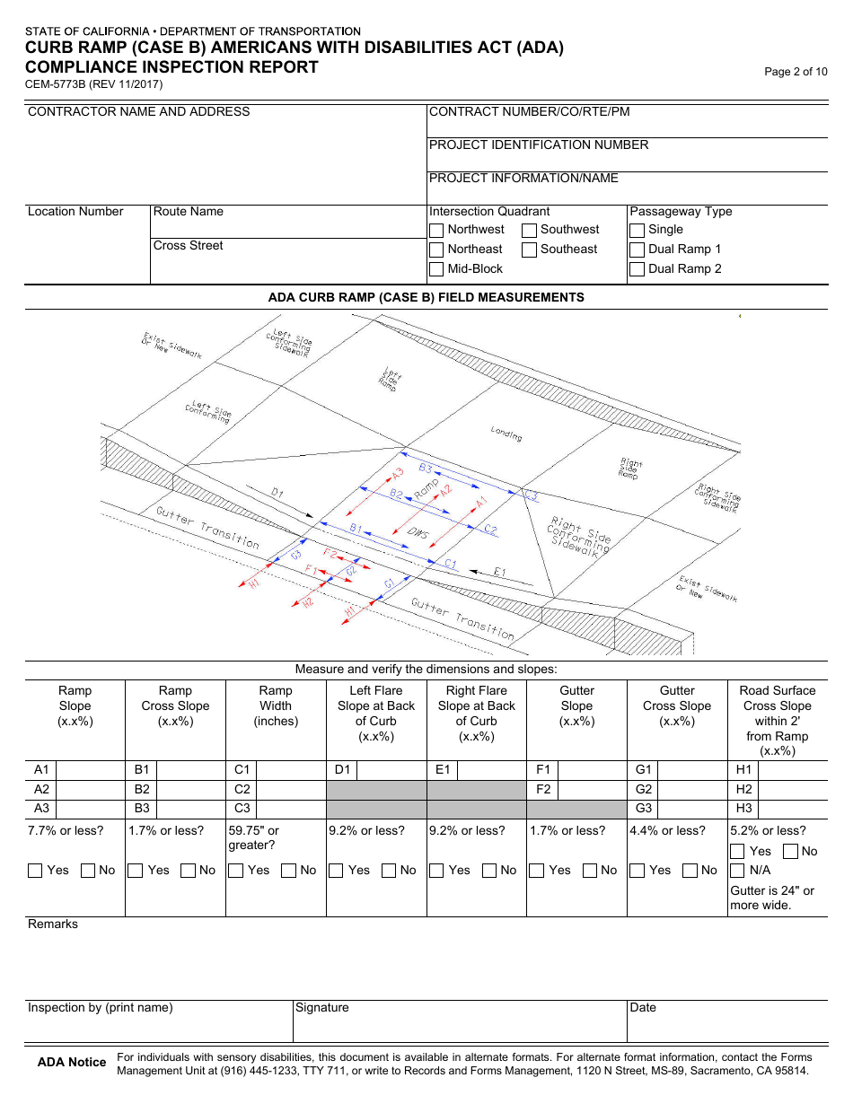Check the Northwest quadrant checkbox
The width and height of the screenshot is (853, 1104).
436,230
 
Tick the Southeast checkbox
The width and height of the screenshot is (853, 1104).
530,250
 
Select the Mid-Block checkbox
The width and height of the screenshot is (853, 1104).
436,269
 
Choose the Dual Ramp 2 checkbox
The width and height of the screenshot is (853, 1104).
637,269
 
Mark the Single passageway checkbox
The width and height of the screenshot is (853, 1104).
637,230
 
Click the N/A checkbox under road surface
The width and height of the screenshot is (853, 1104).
737,871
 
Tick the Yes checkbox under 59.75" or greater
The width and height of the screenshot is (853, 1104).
236,871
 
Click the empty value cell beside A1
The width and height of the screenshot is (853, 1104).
90,770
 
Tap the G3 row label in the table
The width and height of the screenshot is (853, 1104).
644,809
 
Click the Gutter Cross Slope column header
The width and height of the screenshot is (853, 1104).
677,705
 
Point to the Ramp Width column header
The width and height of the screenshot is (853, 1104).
276,705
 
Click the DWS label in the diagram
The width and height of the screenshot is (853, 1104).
418,534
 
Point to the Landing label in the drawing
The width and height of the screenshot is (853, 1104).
506,434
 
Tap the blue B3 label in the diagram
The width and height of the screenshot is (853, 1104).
426,469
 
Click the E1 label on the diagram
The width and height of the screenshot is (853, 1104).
500,572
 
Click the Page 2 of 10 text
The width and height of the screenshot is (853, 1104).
796,72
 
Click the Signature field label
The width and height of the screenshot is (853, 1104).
322,1008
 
